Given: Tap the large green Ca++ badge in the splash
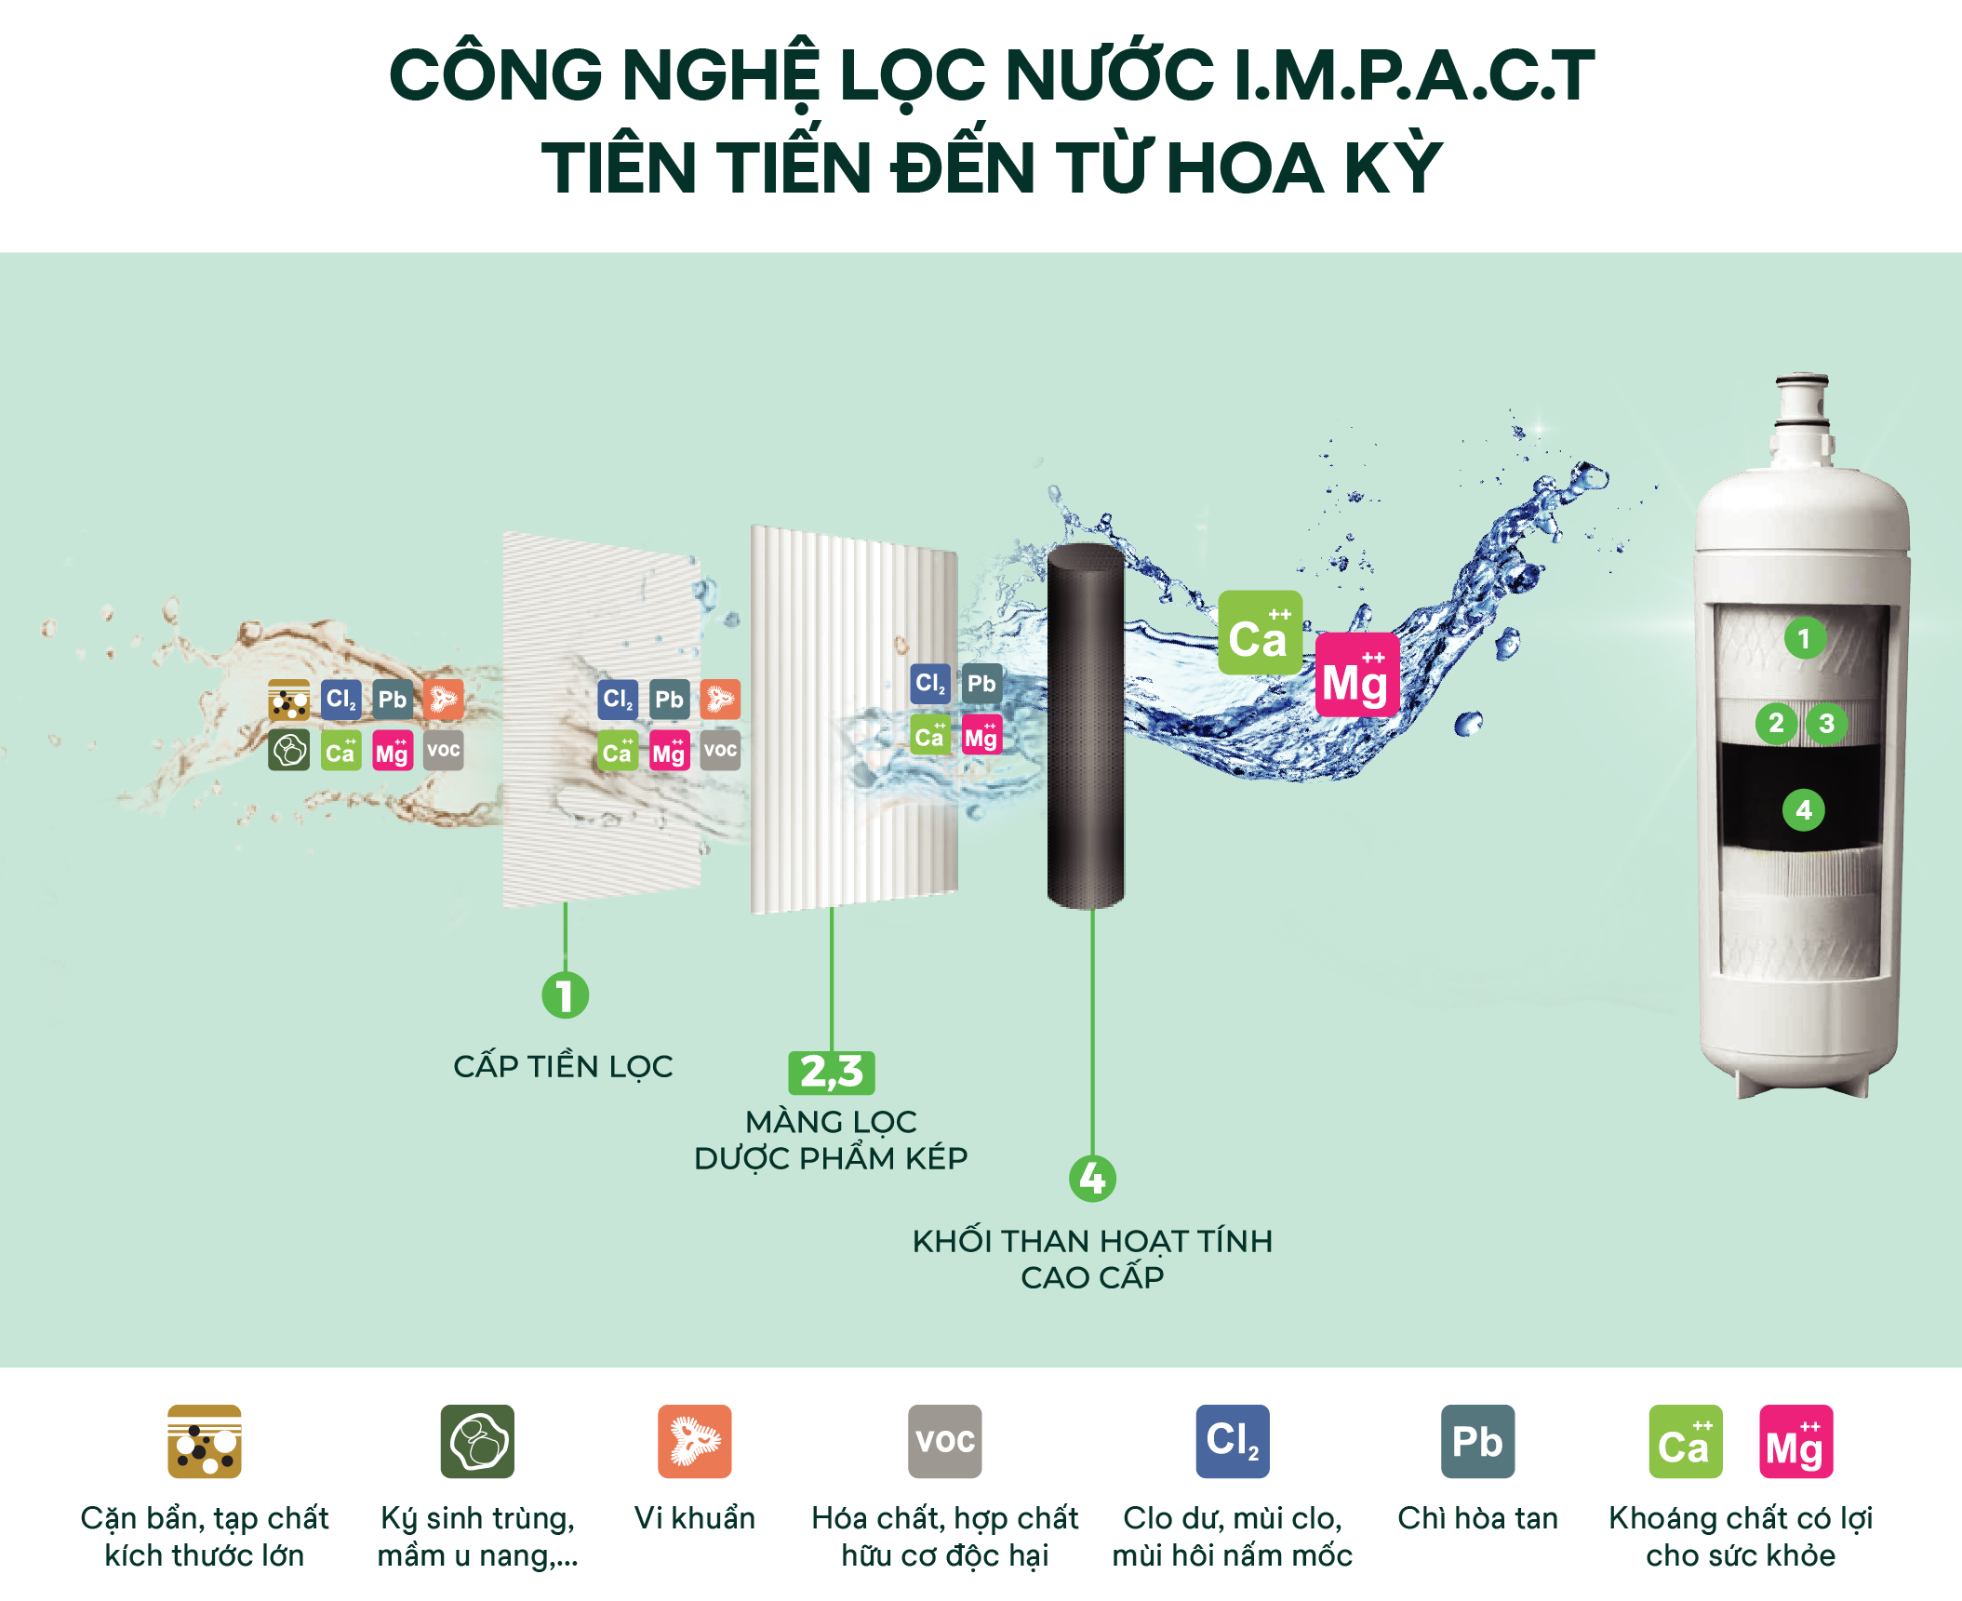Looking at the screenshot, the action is (x=1260, y=633).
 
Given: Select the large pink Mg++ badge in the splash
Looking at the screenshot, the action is (x=1356, y=675).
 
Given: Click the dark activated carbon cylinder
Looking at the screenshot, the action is (x=1085, y=726).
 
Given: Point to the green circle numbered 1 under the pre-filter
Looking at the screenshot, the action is (x=565, y=994).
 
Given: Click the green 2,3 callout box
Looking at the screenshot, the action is (x=832, y=1072).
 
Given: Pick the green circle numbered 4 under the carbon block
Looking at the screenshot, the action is (x=1092, y=1179).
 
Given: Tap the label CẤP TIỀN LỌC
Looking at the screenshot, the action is (x=563, y=1066).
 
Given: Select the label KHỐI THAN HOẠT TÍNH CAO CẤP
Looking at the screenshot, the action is (x=1092, y=1259).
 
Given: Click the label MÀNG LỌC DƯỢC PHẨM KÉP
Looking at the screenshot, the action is (x=831, y=1140).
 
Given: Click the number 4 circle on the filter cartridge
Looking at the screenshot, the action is (x=1803, y=809).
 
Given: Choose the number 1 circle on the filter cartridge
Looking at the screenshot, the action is (x=1804, y=638).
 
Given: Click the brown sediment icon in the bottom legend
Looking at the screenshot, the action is (x=205, y=1441).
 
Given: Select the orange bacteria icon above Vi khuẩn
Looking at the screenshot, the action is (x=694, y=1441).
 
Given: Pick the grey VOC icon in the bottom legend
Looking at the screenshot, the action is (x=944, y=1441).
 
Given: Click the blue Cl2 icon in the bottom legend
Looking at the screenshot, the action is (x=1232, y=1441).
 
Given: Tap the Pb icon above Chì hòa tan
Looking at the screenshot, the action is (x=1477, y=1441).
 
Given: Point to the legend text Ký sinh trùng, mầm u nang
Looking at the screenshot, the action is (x=477, y=1536).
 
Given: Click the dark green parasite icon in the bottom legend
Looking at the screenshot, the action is (x=477, y=1441).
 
